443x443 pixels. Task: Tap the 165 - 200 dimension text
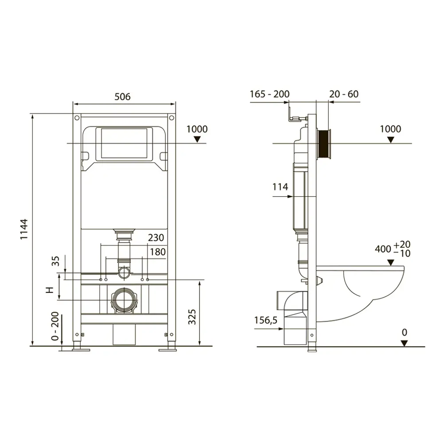[x=269, y=94]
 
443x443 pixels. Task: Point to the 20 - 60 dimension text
[x=344, y=94]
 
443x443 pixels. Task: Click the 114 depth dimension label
[x=280, y=187]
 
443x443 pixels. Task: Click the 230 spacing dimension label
[x=156, y=237]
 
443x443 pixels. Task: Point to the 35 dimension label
[x=56, y=261]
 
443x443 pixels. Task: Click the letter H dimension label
[x=50, y=290]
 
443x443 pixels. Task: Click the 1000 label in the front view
[x=197, y=129]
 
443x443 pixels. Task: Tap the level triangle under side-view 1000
[x=390, y=140]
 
